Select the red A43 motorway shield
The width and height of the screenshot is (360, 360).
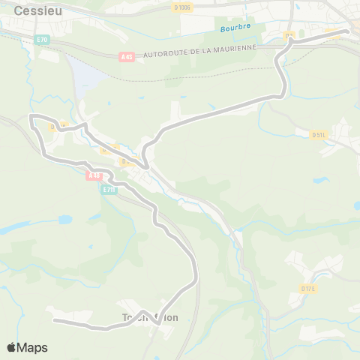coord(127,56)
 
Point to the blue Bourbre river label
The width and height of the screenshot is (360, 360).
coord(235,28)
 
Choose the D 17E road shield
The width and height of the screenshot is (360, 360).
coord(308,288)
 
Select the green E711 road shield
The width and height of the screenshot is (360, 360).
coord(109,190)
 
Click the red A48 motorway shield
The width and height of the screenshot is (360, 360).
coord(94,176)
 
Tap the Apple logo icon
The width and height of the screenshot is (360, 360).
coord(12,347)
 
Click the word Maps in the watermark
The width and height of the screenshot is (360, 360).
coord(32,347)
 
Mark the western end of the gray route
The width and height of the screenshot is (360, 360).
coord(54,320)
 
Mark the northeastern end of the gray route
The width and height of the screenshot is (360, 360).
coord(347,31)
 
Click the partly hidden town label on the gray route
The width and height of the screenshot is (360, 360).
coord(151,317)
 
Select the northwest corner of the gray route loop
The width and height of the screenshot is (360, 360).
coord(31,116)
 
